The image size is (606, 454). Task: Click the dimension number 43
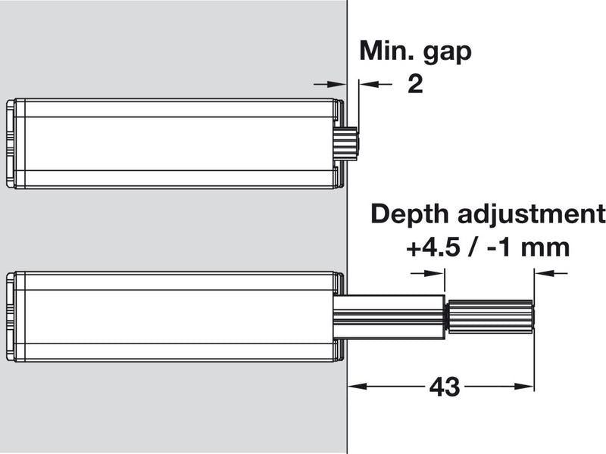[445, 387]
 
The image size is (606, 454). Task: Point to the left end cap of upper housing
[10, 143]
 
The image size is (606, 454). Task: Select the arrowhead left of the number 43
[355, 386]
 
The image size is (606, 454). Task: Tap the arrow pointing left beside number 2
[367, 84]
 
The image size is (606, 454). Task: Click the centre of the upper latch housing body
[178, 143]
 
